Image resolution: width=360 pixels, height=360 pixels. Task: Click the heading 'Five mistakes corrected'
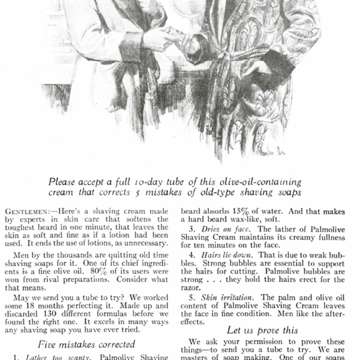[86, 344]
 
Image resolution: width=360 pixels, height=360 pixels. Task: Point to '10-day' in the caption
[155, 181]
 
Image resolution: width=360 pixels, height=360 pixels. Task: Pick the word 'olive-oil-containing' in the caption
[262, 181]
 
